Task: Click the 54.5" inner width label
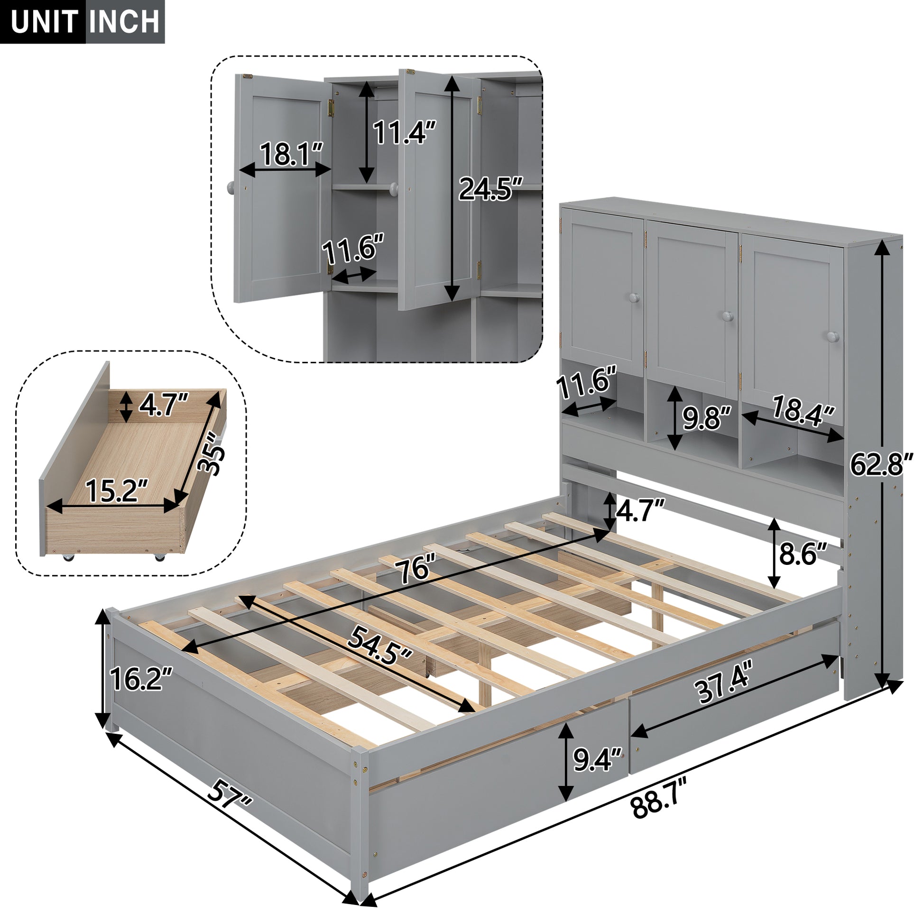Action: click(380, 646)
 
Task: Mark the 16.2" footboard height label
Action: click(140, 679)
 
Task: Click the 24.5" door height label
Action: click(490, 189)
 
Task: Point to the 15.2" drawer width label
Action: click(116, 491)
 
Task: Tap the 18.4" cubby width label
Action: click(803, 409)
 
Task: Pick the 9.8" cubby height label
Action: click(707, 418)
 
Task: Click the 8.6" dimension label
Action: click(803, 554)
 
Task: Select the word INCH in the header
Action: click(125, 22)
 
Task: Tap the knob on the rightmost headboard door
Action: click(833, 337)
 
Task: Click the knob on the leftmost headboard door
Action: click(634, 298)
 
